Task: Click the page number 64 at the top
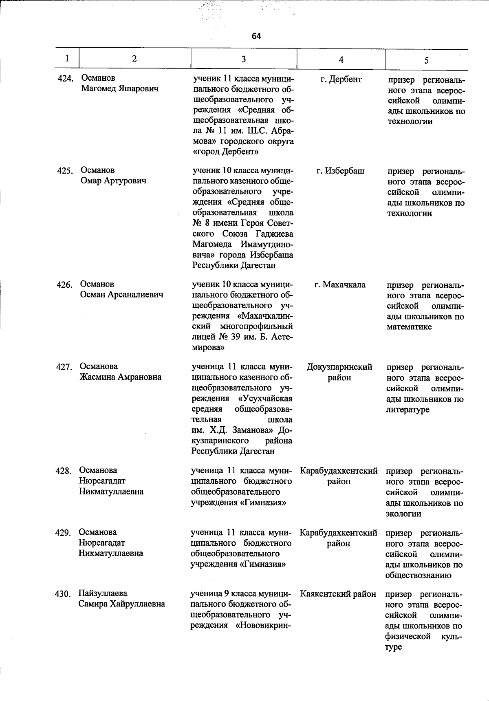256,36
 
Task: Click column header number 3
243,59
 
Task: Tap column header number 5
426,60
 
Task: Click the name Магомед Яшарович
120,88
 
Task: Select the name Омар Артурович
113,181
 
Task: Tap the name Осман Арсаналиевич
121,295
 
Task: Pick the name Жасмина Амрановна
120,377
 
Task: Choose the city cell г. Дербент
341,79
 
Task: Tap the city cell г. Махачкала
340,285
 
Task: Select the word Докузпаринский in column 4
339,367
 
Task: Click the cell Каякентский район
338,594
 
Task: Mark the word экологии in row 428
403,514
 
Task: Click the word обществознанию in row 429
418,575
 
